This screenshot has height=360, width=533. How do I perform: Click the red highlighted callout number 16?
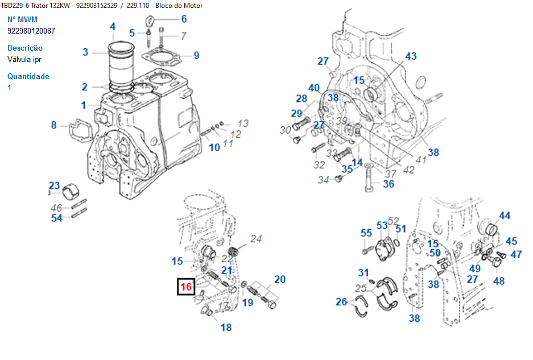coord(186,287)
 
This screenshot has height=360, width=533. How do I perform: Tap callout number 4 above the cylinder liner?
coord(113,26)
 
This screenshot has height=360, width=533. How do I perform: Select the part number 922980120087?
coord(31,31)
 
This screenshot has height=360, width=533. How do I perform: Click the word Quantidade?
coord(28,76)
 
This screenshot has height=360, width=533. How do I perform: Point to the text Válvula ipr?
coord(24,59)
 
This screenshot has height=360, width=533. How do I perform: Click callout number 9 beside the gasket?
coord(196,55)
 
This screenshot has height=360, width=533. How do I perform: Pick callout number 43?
coord(411,56)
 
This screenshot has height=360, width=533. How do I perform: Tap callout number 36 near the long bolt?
coord(389,184)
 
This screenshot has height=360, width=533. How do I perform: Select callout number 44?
coord(505,216)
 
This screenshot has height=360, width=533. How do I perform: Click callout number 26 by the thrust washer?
coord(341,302)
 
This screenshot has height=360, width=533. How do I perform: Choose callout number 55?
coord(366,233)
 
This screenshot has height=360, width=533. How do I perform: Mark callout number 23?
coord(54,185)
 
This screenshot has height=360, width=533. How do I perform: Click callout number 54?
coord(57,218)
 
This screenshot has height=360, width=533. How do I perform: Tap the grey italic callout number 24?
coord(257,239)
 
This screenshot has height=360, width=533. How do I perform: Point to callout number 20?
coord(280,279)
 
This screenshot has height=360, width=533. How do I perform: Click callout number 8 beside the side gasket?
coord(54,125)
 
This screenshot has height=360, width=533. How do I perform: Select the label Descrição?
coord(25,48)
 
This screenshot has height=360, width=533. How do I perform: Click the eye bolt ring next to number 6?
coord(151,22)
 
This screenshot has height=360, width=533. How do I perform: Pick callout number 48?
coord(499,281)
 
